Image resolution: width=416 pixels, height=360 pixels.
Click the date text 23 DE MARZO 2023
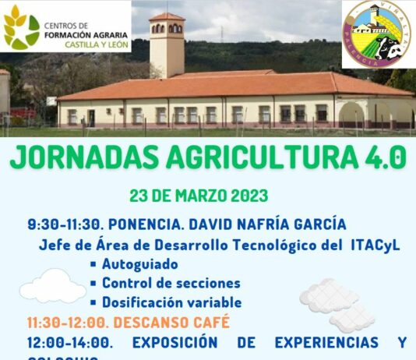click(x=199, y=195)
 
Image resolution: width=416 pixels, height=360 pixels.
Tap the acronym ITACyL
click(x=374, y=245)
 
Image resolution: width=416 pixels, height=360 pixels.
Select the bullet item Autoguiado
click(x=139, y=264)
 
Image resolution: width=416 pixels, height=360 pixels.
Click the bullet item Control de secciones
click(x=171, y=284)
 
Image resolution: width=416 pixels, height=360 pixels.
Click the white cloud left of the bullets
click(x=52, y=287)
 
